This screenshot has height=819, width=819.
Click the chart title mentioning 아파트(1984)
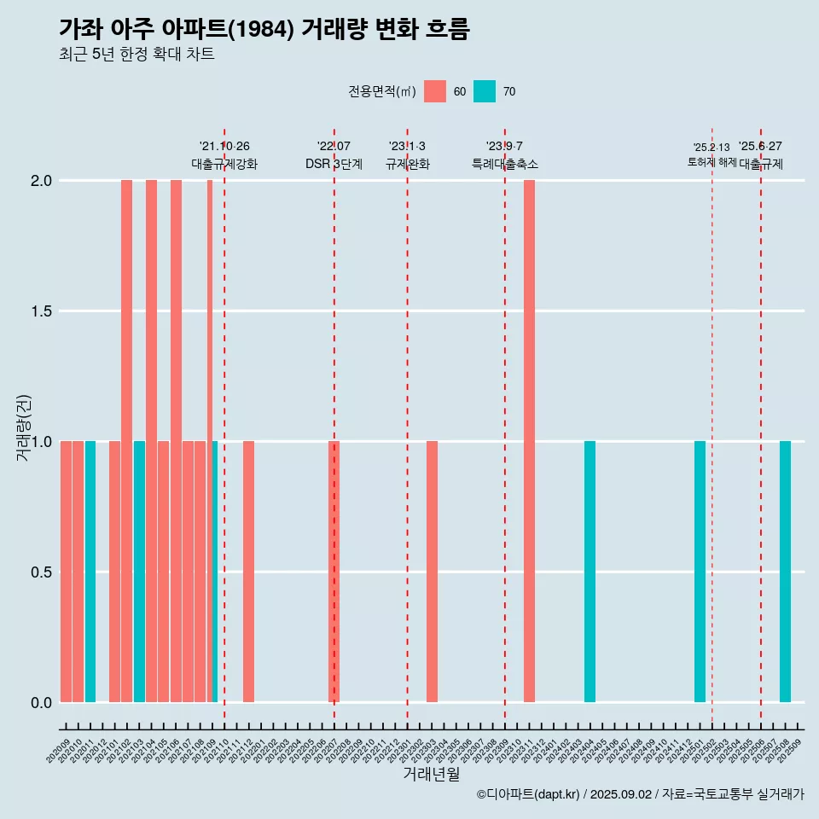(x=264, y=29)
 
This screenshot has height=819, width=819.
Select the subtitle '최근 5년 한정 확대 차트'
(x=136, y=55)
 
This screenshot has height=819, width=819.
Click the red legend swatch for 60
(x=435, y=91)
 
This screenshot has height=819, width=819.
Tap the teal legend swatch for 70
(x=485, y=91)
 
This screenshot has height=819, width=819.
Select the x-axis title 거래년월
(x=432, y=774)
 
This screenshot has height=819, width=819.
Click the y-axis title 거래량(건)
(x=24, y=427)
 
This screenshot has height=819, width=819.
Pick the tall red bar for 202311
(x=529, y=441)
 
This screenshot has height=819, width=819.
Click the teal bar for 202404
(x=590, y=572)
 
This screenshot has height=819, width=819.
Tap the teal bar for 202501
(x=700, y=572)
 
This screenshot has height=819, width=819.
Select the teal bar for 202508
(x=785, y=572)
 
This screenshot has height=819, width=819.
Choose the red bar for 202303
(x=432, y=572)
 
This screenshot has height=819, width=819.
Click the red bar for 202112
(x=248, y=572)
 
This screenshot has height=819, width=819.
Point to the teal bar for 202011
(x=90, y=572)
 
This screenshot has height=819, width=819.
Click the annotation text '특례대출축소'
(x=505, y=164)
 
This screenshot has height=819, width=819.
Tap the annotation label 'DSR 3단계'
(x=334, y=164)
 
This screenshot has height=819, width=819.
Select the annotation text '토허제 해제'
(x=712, y=162)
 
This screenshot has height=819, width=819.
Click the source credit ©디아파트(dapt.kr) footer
(x=640, y=794)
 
